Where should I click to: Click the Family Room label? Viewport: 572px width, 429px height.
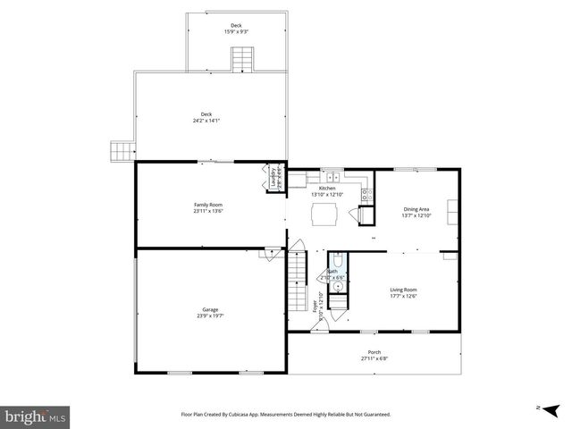pos(208,205)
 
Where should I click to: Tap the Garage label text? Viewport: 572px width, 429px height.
pos(209,309)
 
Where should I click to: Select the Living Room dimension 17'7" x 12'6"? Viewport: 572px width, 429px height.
pos(403,297)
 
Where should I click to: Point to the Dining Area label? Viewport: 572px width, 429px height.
pos(416,209)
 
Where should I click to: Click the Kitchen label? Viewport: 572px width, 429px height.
pos(328,189)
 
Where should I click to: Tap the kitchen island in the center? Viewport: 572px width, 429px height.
pos(324,214)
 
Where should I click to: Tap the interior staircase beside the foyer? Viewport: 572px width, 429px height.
pos(296,276)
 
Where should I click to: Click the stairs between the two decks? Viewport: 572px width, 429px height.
pos(240,59)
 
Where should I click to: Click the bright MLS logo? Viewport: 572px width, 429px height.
pos(36,416)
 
